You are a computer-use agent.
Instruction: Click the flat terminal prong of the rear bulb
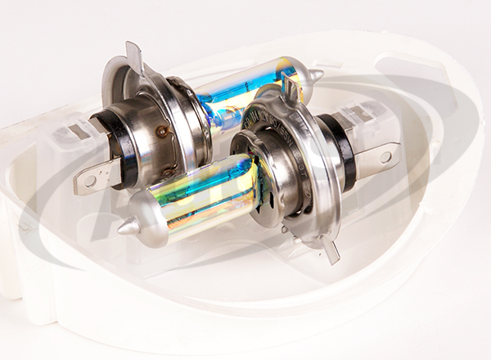[x=95, y=175]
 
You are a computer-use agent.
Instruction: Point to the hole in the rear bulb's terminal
[x=88, y=178]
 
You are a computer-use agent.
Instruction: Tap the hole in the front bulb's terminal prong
[x=385, y=155]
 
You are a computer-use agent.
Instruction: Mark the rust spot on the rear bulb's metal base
[x=163, y=130]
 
